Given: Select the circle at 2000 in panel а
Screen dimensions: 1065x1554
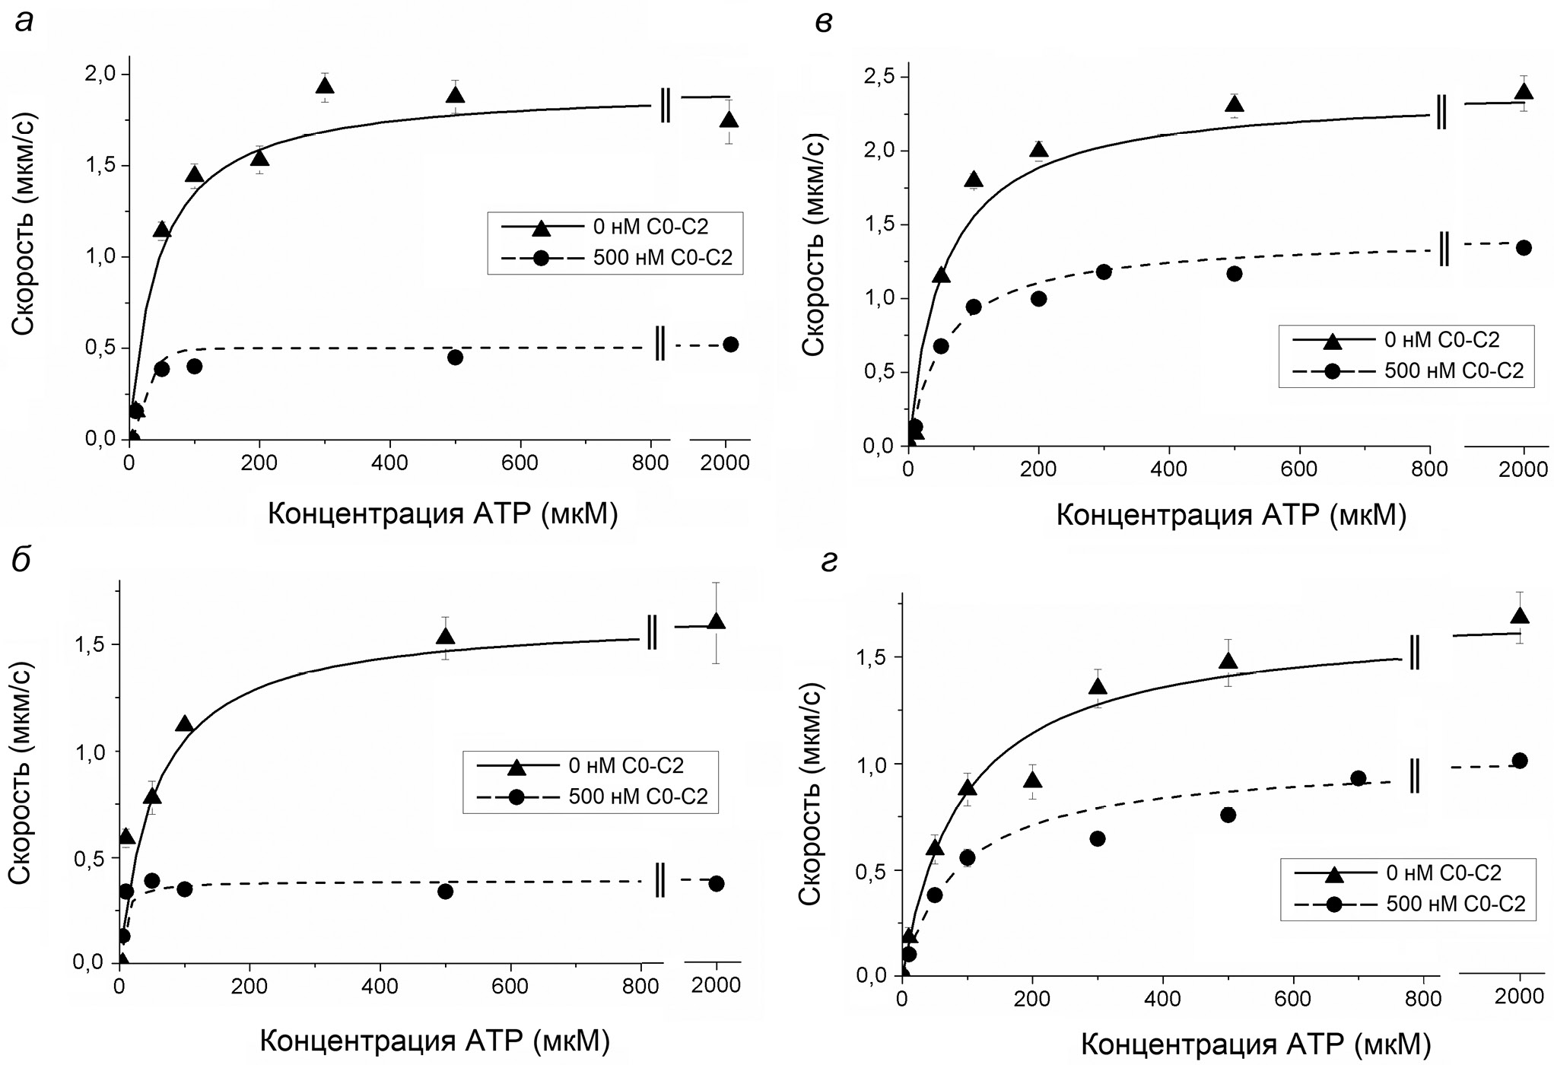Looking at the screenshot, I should (730, 345).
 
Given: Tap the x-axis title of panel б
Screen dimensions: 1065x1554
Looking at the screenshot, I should (435, 1040).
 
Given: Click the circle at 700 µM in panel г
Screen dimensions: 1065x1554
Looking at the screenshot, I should (1358, 778).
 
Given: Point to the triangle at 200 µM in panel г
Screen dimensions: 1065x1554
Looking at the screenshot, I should (1032, 780).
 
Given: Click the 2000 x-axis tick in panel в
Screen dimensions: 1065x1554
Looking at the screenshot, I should (1524, 469).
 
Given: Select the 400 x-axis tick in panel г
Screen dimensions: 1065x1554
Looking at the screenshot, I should (1162, 997).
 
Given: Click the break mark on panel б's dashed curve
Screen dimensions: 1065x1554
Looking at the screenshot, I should (659, 882).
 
